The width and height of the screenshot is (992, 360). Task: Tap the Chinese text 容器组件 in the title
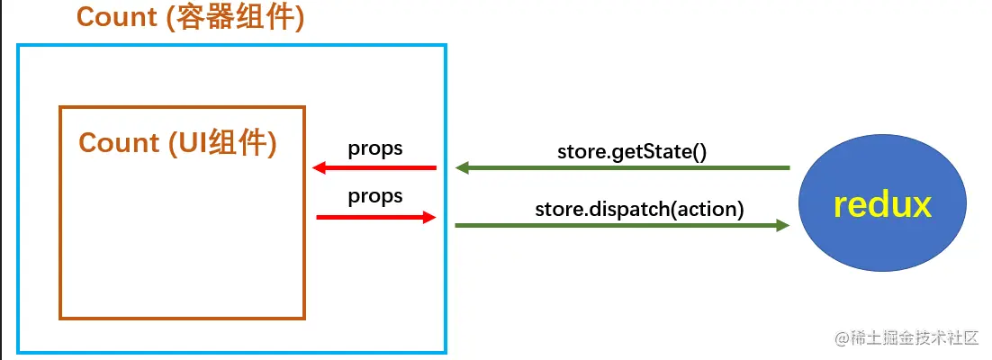[x=241, y=18]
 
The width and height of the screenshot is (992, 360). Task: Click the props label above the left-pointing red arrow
[x=375, y=148]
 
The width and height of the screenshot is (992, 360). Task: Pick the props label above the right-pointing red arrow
[x=375, y=195]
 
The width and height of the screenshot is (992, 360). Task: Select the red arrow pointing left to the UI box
[x=374, y=168]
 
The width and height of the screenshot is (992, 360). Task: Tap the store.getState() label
[x=632, y=149]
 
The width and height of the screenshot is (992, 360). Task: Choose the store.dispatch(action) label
[x=639, y=210]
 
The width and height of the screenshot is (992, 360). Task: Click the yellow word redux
[x=881, y=205]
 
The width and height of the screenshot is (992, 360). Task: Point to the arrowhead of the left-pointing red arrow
[x=319, y=168]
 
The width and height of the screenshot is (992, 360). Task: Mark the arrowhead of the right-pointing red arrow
[x=429, y=217]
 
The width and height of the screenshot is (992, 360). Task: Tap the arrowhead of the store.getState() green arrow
[x=462, y=167]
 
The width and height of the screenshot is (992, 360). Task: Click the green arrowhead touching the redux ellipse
[x=783, y=225]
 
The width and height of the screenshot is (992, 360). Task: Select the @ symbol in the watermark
[x=842, y=339]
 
